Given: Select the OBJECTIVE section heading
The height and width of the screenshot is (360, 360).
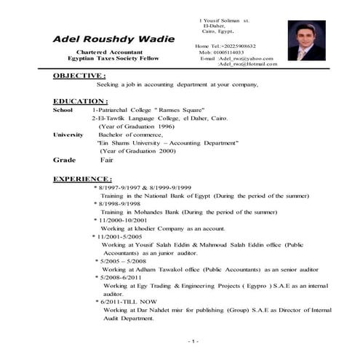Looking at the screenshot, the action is click(80, 76).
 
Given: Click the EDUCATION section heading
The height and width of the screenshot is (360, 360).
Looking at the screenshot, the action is click(81, 101).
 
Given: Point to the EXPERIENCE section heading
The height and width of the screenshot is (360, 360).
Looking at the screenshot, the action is click(83, 178).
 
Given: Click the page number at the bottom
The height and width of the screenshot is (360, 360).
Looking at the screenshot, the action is click(192, 340).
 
